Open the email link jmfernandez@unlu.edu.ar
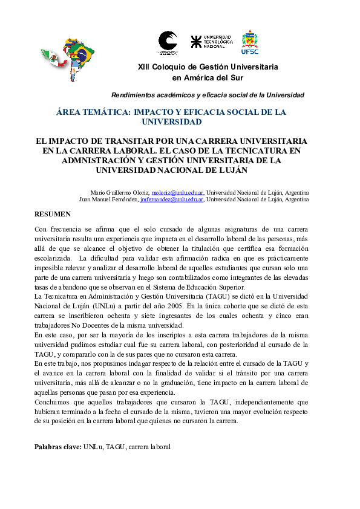(x=172, y=199)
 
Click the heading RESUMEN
(x=53, y=214)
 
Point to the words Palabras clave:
(x=58, y=447)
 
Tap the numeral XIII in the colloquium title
(x=146, y=66)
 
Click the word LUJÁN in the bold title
(x=232, y=170)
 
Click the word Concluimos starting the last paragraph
(x=53, y=402)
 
